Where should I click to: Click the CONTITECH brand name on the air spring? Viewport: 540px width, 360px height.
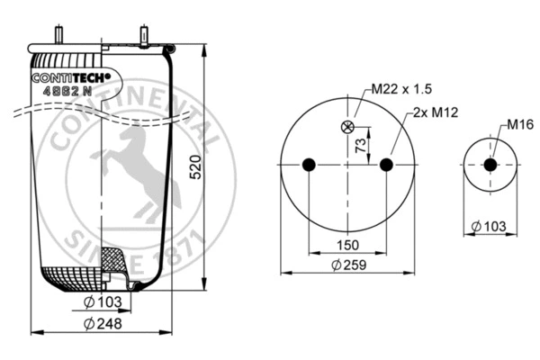pyautogui.click(x=70, y=78)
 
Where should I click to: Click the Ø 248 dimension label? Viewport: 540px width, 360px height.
pyautogui.click(x=104, y=324)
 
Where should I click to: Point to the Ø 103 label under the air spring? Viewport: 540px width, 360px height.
pyautogui.click(x=104, y=301)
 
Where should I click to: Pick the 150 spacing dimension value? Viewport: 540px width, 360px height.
pyautogui.click(x=348, y=245)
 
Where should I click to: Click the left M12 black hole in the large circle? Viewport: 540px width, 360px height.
pyautogui.click(x=309, y=165)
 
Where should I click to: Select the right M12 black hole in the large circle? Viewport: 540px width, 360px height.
pyautogui.click(x=387, y=165)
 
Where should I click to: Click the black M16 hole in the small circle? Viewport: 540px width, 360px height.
pyautogui.click(x=490, y=166)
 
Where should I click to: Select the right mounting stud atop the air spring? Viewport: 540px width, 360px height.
pyautogui.click(x=144, y=35)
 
